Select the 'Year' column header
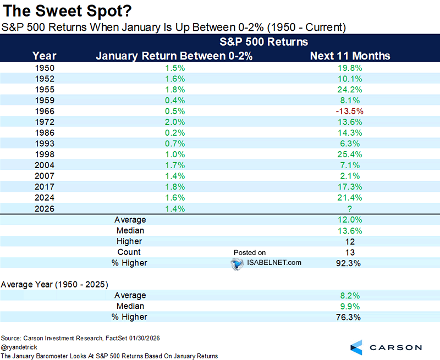[x=44, y=56]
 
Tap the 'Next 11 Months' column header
[x=350, y=56]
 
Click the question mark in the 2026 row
[x=350, y=209]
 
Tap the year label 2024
[x=44, y=198]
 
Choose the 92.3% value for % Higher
[x=350, y=263]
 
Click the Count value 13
[x=350, y=252]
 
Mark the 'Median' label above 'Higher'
[x=129, y=230]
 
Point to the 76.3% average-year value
[x=350, y=317]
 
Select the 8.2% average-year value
[x=350, y=295]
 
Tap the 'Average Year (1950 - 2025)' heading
[x=54, y=284]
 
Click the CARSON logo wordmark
[x=395, y=347]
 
